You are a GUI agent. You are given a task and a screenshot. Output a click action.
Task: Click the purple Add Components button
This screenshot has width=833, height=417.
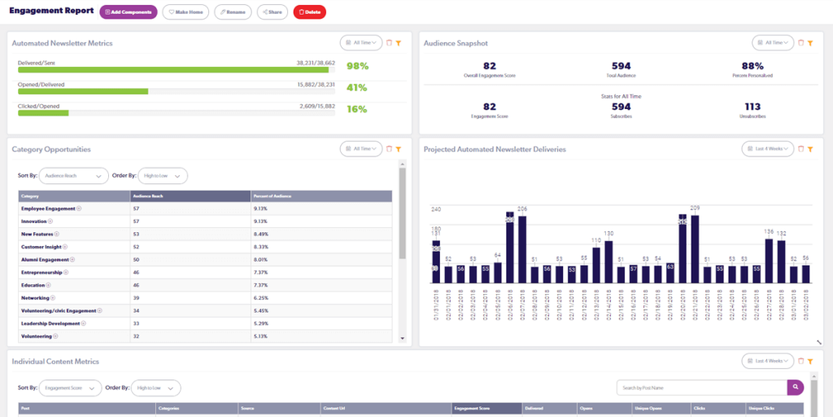[x=129, y=12]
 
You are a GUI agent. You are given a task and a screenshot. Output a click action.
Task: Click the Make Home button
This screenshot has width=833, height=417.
[x=185, y=12]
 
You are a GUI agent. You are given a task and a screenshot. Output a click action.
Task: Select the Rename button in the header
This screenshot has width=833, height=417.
[x=233, y=12]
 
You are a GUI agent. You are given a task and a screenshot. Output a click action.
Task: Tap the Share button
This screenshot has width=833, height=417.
[x=272, y=12]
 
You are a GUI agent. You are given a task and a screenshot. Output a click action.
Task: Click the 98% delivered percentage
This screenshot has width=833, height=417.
[x=357, y=66]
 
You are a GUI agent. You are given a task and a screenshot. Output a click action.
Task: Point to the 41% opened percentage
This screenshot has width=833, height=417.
[x=357, y=87]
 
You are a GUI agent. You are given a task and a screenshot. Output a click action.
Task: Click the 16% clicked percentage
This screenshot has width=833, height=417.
[x=357, y=108]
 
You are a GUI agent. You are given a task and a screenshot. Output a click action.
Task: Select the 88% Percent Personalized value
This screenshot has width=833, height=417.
[x=752, y=66]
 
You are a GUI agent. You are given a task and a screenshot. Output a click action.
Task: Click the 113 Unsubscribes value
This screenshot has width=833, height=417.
[x=752, y=106]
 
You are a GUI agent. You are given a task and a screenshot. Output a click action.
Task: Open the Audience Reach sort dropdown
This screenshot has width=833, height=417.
[x=74, y=175]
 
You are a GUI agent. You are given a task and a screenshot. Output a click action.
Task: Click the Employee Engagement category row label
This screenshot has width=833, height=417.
[x=49, y=208]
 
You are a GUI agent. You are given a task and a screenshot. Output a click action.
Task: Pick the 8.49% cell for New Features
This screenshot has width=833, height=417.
[x=261, y=234]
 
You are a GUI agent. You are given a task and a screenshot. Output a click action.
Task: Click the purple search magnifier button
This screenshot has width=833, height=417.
[x=795, y=388]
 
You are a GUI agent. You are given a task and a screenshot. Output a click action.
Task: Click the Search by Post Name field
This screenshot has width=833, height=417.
[x=700, y=388]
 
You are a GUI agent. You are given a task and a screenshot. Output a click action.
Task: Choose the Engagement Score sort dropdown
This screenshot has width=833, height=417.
[x=70, y=388]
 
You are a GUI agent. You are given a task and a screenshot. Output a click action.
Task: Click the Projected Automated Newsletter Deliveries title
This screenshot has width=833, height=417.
[x=495, y=149]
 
